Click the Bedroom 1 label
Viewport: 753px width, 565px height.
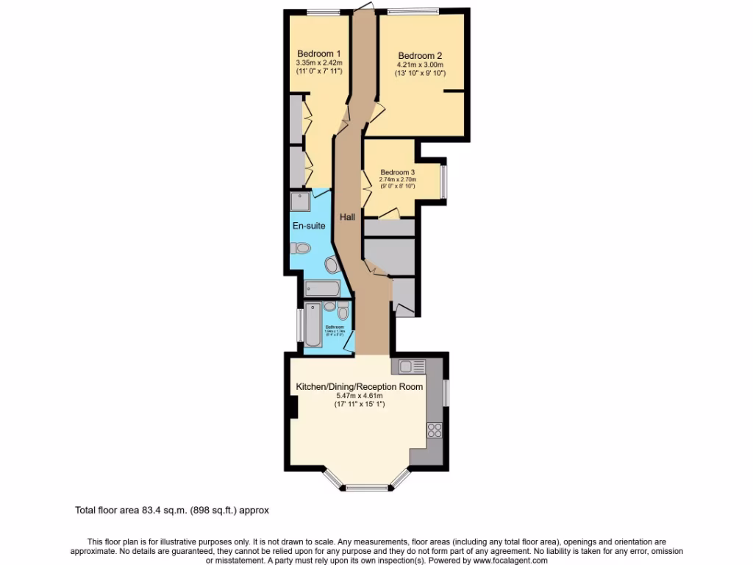pyautogui.click(x=318, y=54)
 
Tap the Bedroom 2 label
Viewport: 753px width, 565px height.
pyautogui.click(x=420, y=55)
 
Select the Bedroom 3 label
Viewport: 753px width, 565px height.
pyautogui.click(x=398, y=172)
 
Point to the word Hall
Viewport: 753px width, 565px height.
pyautogui.click(x=347, y=217)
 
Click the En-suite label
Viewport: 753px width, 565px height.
pyautogui.click(x=309, y=225)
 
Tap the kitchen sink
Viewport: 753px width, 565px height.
pyautogui.click(x=409, y=366)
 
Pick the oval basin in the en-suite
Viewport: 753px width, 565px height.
pyautogui.click(x=332, y=266)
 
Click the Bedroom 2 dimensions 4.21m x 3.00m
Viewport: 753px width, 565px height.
pyautogui.click(x=420, y=65)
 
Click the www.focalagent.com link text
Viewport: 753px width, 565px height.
pyautogui.click(x=506, y=561)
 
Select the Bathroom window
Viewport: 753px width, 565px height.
pyautogui.click(x=300, y=325)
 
